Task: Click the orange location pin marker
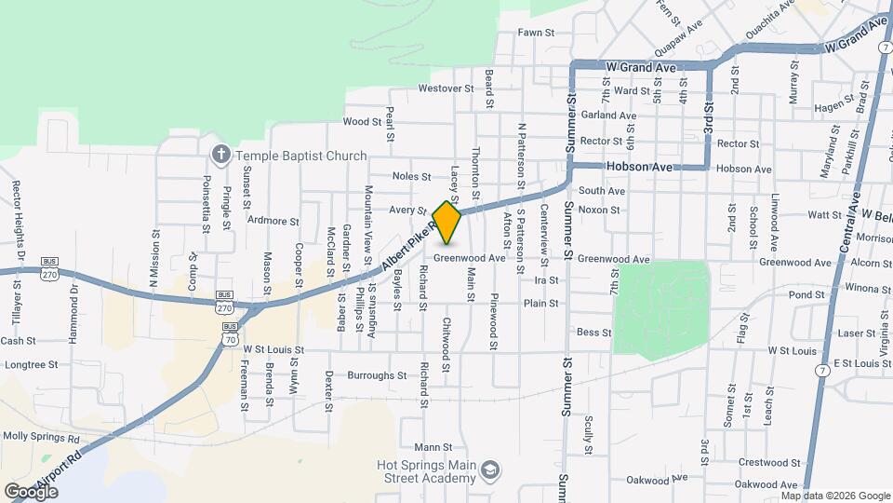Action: (x=447, y=223)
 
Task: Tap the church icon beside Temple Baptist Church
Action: (x=221, y=154)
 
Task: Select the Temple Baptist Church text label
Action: (x=300, y=156)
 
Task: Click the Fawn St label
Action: (x=536, y=33)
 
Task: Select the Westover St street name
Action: (x=446, y=88)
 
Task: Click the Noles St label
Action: (x=411, y=176)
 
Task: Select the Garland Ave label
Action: (x=607, y=116)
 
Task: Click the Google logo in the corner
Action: (x=31, y=491)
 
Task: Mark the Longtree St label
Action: (x=32, y=365)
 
